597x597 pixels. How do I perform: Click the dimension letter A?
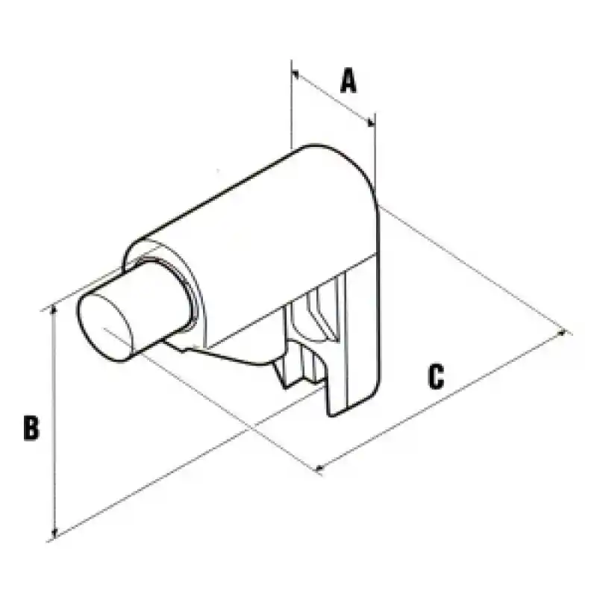(x=348, y=81)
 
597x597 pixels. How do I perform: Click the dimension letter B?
(x=31, y=428)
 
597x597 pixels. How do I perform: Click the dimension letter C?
(x=436, y=377)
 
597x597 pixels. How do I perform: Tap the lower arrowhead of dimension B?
(x=54, y=533)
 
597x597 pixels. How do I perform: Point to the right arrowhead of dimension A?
(x=371, y=122)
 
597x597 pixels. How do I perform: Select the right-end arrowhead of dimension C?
(x=561, y=334)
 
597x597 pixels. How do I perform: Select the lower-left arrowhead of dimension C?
(x=321, y=467)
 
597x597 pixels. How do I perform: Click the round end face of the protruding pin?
(x=104, y=328)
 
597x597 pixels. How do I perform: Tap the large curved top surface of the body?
(x=259, y=228)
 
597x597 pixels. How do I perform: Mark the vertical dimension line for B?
(x=54, y=421)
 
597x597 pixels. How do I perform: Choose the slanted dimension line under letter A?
(x=333, y=99)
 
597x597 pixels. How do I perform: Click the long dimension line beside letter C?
(x=441, y=401)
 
